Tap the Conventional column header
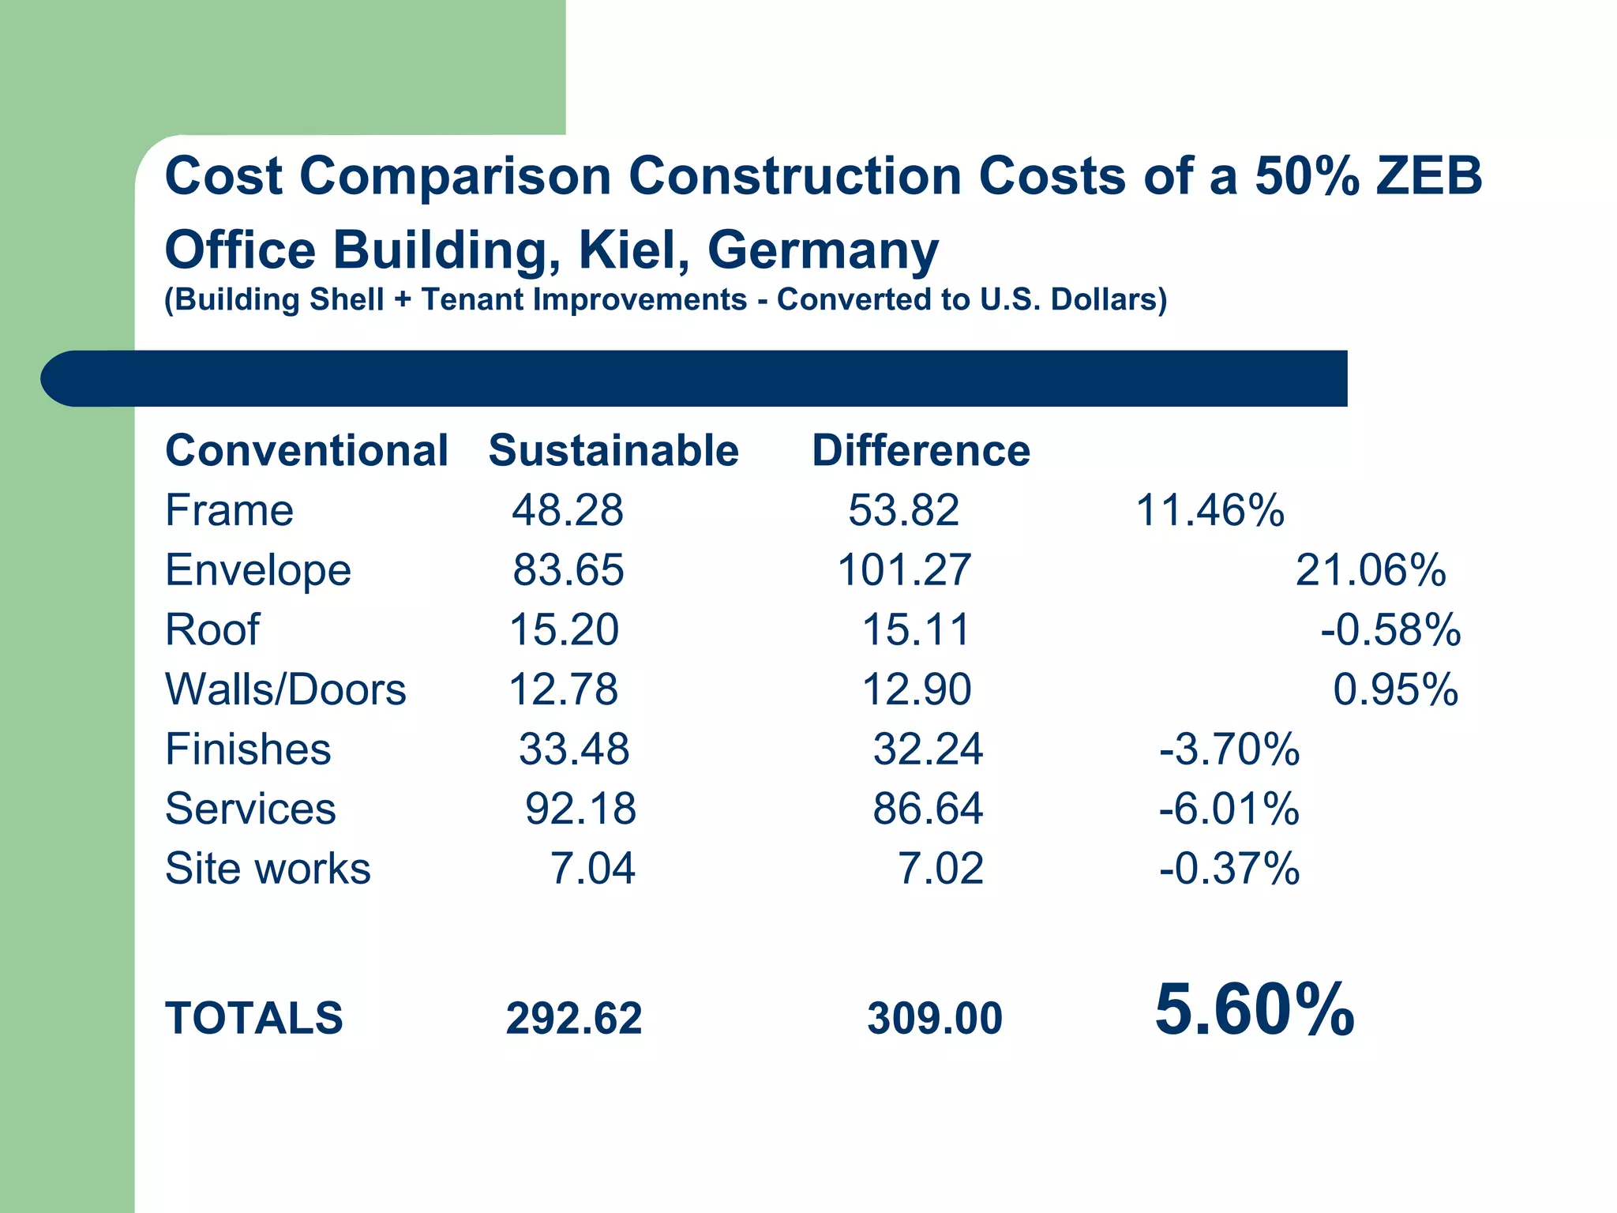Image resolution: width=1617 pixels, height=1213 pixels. click(306, 451)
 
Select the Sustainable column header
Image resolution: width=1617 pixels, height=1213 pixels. click(613, 451)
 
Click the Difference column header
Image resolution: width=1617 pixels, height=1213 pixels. click(921, 451)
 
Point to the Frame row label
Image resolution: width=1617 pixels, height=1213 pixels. click(229, 510)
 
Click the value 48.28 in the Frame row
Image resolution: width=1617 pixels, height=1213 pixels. click(567, 510)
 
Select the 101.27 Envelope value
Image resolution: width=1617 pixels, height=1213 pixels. click(904, 570)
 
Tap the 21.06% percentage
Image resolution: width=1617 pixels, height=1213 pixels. click(1371, 570)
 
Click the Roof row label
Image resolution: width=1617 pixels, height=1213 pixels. click(212, 630)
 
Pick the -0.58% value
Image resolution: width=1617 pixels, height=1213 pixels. click(1390, 630)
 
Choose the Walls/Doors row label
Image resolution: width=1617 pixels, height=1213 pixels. click(285, 689)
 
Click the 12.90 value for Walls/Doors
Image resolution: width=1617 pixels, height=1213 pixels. click(916, 689)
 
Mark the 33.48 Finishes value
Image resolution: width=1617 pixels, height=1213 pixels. click(574, 749)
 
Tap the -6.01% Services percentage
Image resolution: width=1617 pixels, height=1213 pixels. click(1229, 809)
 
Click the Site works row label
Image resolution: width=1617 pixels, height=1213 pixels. click(268, 869)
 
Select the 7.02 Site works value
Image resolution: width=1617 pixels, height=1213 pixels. click(940, 869)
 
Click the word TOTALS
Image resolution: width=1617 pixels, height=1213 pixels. click(254, 1018)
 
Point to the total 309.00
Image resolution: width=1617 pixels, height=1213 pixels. click(935, 1018)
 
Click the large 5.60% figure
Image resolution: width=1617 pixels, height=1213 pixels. click(1254, 1010)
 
